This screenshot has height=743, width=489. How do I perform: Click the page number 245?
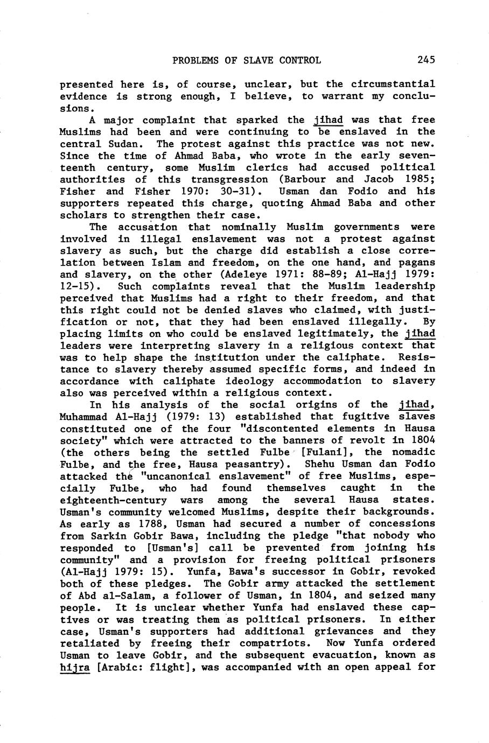pyautogui.click(x=425, y=60)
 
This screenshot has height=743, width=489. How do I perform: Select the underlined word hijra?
pyautogui.click(x=74, y=668)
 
